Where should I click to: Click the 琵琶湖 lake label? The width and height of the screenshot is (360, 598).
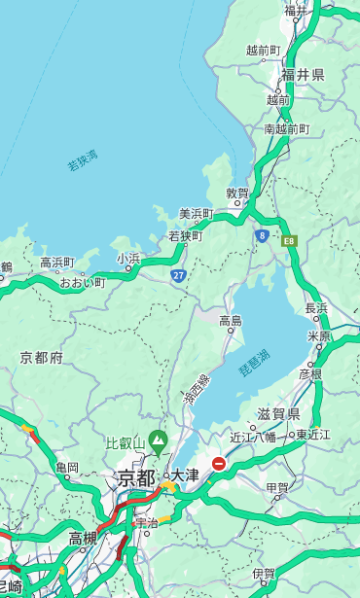point(254,360)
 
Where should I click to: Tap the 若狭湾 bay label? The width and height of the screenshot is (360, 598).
point(82,160)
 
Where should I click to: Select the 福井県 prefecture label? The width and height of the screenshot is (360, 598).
point(303,75)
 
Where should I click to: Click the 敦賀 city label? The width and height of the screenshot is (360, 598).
point(238,193)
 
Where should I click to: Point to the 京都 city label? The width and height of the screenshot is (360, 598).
point(136,477)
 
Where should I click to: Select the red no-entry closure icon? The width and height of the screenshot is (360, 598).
point(220,465)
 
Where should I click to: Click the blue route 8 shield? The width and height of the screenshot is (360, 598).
point(262,235)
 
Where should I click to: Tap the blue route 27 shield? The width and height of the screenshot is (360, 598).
point(178,276)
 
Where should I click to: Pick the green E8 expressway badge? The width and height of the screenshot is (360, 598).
point(289,240)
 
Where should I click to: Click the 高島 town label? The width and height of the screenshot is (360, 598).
point(231,321)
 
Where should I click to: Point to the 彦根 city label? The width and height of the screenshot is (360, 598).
point(309,373)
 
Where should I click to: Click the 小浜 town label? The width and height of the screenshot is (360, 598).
point(128,259)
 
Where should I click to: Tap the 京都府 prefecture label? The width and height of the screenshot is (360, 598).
point(41,358)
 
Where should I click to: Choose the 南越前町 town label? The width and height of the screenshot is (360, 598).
point(286,128)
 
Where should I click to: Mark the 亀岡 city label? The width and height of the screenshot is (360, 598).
point(67,468)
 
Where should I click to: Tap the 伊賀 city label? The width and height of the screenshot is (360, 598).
point(264,574)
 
